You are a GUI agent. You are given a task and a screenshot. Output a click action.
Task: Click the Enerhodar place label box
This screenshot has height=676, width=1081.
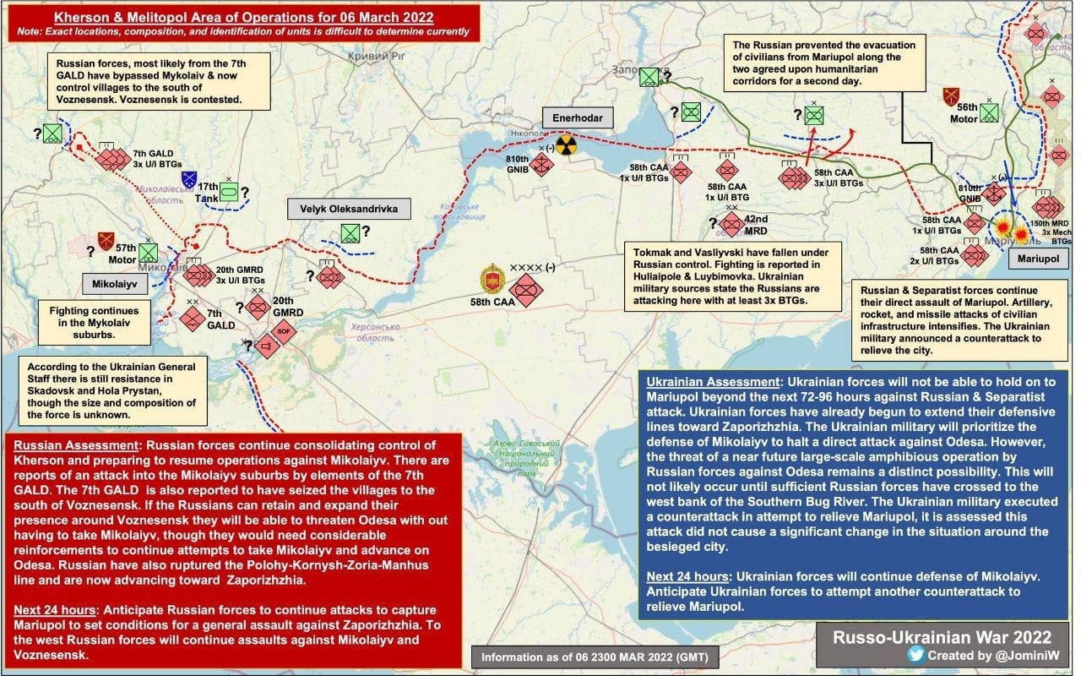[x=578, y=117]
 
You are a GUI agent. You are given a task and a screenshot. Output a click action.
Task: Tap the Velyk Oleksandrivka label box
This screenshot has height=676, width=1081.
[x=342, y=208]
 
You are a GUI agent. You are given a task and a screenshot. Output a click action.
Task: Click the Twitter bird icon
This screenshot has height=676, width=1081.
[x=915, y=653]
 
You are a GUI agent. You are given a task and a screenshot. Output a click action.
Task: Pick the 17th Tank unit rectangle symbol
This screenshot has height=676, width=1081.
[x=229, y=192]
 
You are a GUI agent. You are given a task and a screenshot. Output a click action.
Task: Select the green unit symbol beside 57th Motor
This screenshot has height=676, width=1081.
[x=149, y=252]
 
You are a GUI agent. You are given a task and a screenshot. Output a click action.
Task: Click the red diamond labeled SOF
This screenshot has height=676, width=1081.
[x=284, y=330]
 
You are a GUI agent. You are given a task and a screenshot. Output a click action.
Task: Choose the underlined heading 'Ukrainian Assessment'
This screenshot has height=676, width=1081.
[x=711, y=382]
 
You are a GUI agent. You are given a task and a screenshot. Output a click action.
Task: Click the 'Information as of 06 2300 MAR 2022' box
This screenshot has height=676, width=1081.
[x=589, y=657]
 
